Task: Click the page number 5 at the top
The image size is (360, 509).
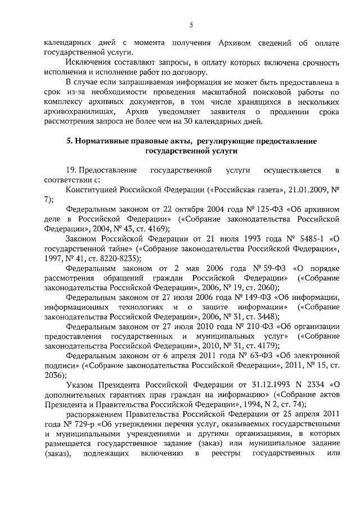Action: [191, 24]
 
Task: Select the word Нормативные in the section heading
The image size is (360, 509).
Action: [103, 141]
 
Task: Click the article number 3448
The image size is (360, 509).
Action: [264, 317]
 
